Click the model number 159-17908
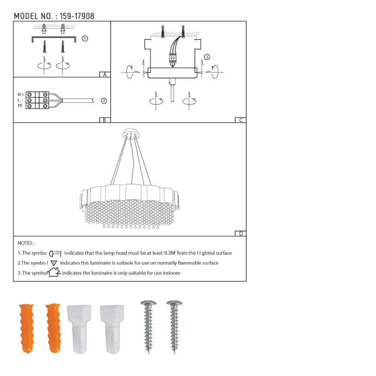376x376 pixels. pos(77,16)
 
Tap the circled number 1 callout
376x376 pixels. pos(85,38)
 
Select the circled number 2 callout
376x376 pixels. pos(104,101)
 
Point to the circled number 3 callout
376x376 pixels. pos(207,57)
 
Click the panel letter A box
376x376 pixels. pos(105,74)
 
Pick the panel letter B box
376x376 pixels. pos(105,120)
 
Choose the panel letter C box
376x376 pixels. pos(240,120)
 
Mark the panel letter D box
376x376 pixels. pos(241,233)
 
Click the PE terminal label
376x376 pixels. pos(20,106)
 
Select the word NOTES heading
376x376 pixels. pos(26,243)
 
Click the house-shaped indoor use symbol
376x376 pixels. pos(54,272)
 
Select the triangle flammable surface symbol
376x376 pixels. pos(54,263)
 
